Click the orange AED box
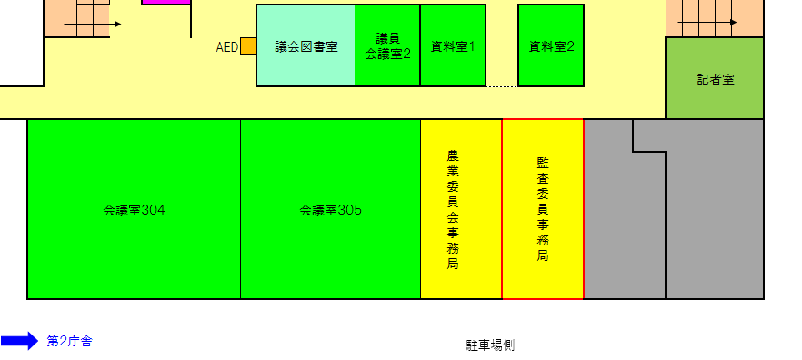click(x=248, y=46)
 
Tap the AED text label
click(x=227, y=47)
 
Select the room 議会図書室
click(x=306, y=45)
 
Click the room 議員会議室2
click(x=387, y=45)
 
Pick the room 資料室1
click(x=453, y=45)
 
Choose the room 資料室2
click(x=551, y=45)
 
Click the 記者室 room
click(x=715, y=78)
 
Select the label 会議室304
click(x=134, y=210)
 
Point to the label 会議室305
click(x=330, y=210)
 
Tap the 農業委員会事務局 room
click(x=461, y=209)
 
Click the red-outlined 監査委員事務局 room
click(x=543, y=209)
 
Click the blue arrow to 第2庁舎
click(x=19, y=341)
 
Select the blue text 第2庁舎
click(x=69, y=342)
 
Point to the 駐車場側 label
click(x=490, y=345)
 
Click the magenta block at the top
click(x=166, y=3)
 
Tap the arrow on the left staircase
click(x=93, y=24)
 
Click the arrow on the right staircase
click(x=707, y=23)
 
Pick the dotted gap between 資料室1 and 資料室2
click(x=502, y=45)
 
